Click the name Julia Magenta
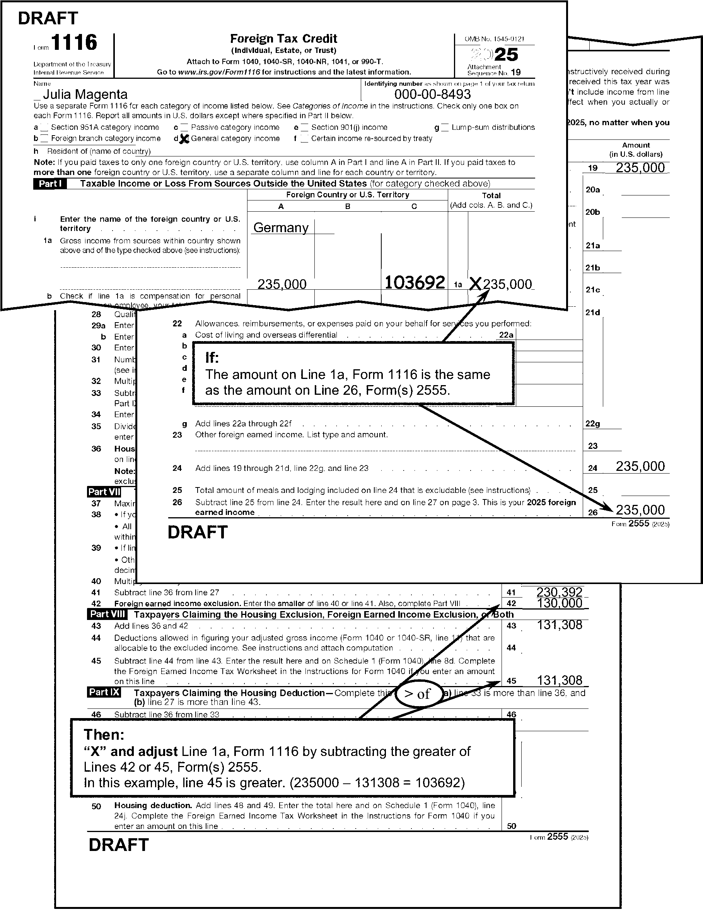(85, 94)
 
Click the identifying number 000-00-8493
(433, 94)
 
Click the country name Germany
(281, 228)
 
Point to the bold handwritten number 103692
(414, 283)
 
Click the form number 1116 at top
(74, 42)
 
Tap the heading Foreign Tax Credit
(283, 39)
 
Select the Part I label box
(50, 184)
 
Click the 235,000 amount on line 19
(640, 168)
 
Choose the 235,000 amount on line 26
(640, 510)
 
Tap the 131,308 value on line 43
(559, 625)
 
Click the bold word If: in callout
(212, 357)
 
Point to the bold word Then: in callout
(104, 735)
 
